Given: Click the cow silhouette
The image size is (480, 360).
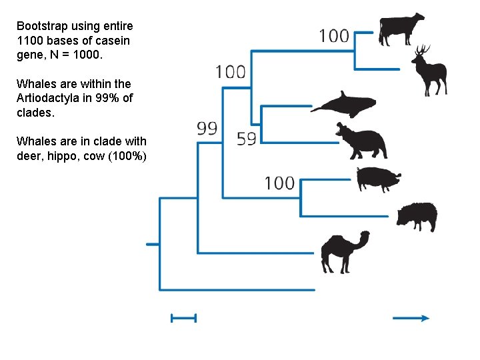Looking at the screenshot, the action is tap(401, 29).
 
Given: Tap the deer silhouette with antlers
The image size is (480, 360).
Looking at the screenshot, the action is tap(428, 71).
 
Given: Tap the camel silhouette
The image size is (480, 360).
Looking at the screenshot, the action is tap(344, 251).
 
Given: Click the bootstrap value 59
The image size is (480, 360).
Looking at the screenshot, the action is tap(247, 139).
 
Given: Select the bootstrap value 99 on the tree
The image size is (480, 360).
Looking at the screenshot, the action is tap(207, 128).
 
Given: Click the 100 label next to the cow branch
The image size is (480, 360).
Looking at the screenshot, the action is tap(334, 35).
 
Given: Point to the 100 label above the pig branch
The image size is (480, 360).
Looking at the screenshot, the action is tap(279, 182).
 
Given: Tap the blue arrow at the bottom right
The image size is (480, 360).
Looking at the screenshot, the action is tap(411, 319).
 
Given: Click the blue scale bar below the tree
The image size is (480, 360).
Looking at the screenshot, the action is tap(183, 319).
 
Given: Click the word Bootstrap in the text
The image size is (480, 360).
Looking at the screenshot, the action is tap(39, 26).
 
